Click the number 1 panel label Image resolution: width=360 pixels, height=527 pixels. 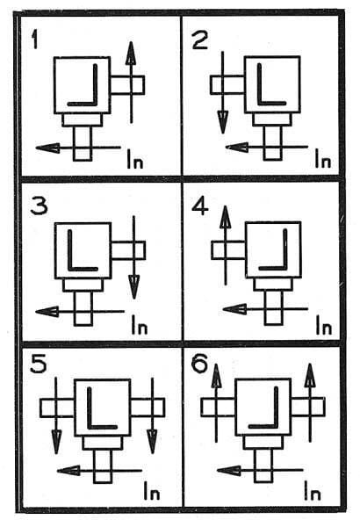(x=34, y=39)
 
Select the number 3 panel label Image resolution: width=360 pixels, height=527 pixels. (x=39, y=206)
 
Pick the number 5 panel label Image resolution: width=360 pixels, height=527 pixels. (x=38, y=365)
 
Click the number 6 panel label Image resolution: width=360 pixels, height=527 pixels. (x=199, y=365)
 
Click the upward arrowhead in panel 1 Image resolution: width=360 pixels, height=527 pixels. (x=131, y=53)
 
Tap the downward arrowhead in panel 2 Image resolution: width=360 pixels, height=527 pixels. (x=223, y=122)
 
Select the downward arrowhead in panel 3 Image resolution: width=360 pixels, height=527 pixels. (x=134, y=286)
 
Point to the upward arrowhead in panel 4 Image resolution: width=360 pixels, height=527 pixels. (x=225, y=217)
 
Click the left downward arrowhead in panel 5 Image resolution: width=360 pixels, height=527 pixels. (x=56, y=443)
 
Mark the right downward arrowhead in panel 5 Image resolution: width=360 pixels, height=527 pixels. (x=153, y=443)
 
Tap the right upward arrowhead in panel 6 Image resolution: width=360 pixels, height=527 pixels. (x=310, y=375)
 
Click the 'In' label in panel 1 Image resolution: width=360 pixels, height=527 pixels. (x=135, y=159)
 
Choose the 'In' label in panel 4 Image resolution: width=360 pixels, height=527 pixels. (x=324, y=325)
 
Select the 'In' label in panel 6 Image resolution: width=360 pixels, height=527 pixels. (x=313, y=491)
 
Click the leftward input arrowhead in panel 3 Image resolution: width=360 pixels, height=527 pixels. (x=47, y=312)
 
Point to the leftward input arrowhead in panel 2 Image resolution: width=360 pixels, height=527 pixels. (x=237, y=147)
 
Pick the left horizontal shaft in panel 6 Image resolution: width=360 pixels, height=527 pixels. (x=218, y=407)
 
